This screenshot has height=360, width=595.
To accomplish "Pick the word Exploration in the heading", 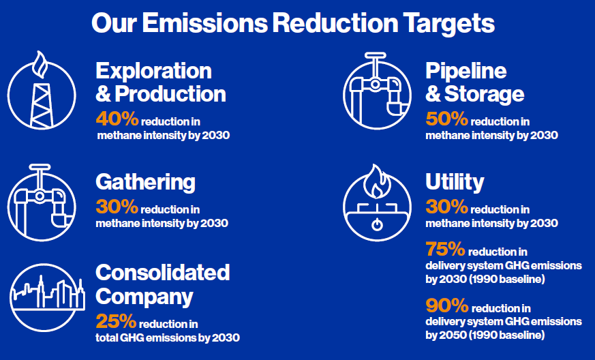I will (x=153, y=70).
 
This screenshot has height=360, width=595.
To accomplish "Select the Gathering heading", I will (x=145, y=182).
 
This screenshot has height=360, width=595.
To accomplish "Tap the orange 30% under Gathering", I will (x=117, y=207).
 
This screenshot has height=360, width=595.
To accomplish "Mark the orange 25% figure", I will (x=116, y=320).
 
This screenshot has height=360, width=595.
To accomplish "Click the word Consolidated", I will (x=162, y=273).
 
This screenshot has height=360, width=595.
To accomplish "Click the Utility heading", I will (x=455, y=182).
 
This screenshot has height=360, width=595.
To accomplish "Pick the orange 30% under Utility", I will (x=446, y=207).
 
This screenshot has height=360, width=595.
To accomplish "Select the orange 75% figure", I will (x=446, y=250).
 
